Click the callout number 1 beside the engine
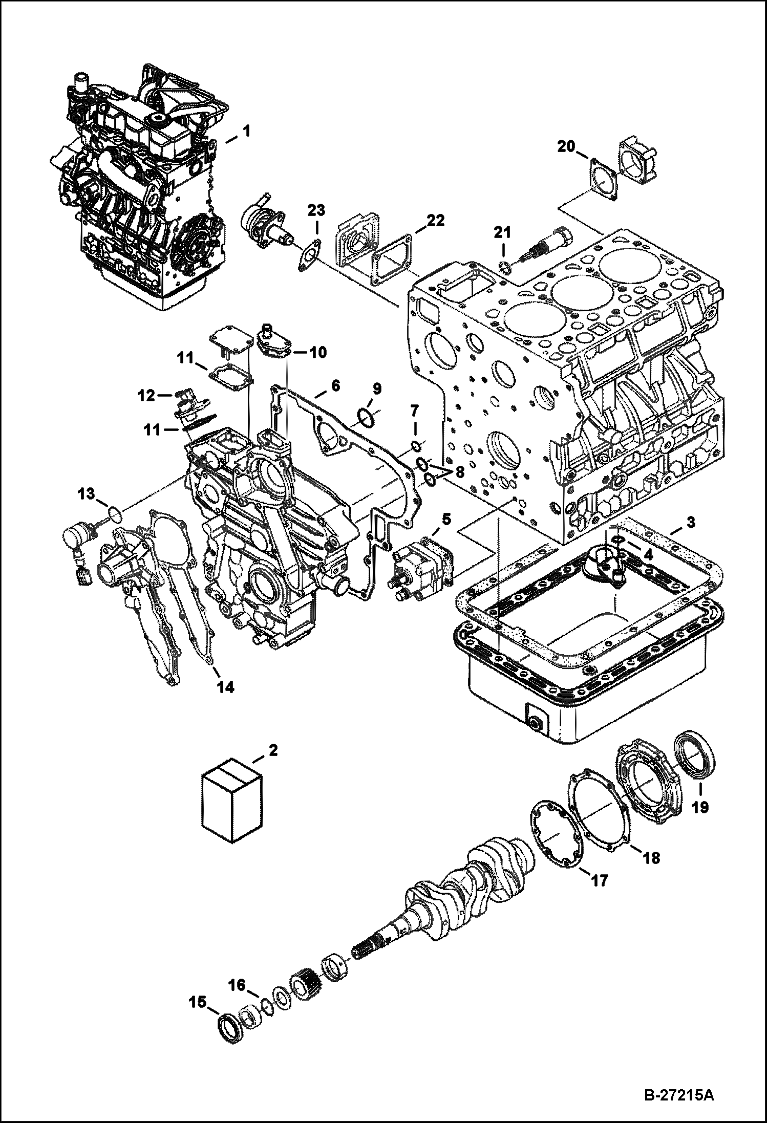[x=246, y=132]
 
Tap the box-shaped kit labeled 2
[x=232, y=810]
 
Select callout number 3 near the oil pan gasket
[x=690, y=523]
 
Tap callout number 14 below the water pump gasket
[x=226, y=687]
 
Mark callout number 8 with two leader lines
[x=459, y=472]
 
